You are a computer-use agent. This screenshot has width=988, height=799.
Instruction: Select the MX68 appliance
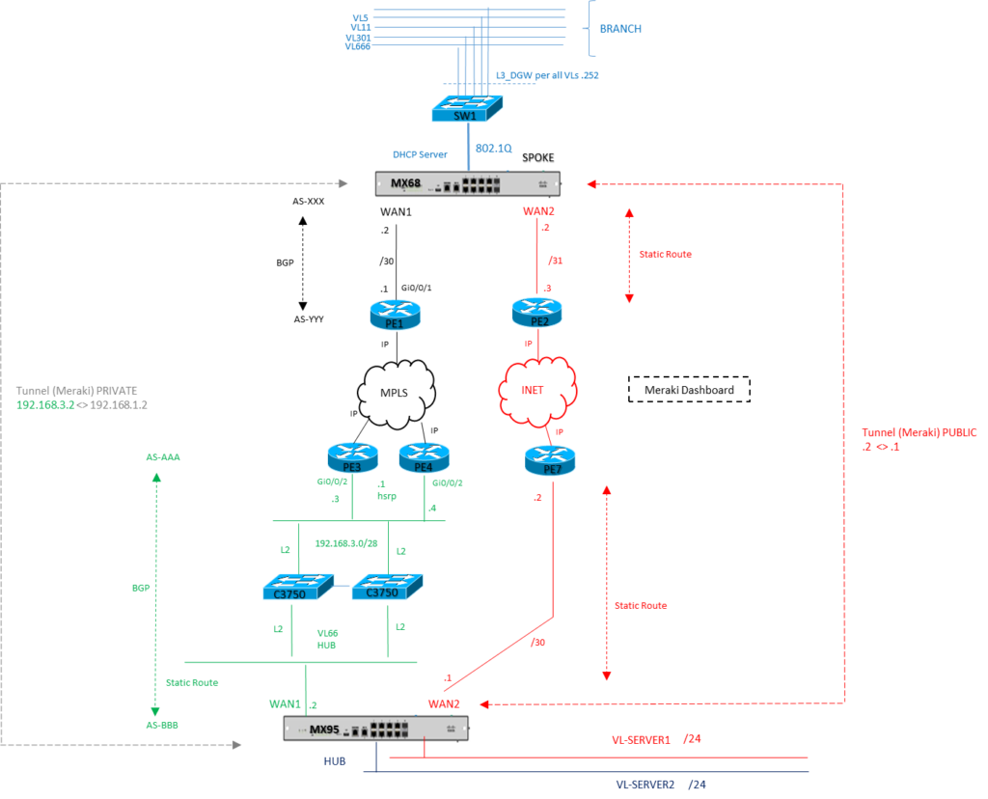click(468, 183)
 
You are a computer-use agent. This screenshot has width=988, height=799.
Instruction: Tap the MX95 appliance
click(376, 729)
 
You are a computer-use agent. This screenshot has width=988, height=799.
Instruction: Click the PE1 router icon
click(395, 315)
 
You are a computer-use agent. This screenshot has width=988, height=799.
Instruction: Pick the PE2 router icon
click(536, 312)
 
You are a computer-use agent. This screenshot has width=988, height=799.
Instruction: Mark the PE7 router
click(550, 460)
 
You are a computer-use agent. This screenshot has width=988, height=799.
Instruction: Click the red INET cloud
click(536, 390)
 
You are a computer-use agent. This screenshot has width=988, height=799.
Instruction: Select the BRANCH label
click(620, 29)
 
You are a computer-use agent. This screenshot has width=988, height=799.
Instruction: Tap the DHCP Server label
click(420, 154)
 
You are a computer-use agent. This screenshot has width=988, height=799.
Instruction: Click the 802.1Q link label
click(494, 149)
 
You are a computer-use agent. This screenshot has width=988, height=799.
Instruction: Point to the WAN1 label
click(286, 705)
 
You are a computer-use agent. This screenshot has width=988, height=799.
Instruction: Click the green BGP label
click(141, 586)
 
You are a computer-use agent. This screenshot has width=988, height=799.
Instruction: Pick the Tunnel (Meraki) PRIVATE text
click(78, 391)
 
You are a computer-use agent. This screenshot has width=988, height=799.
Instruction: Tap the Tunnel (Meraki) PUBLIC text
click(902, 433)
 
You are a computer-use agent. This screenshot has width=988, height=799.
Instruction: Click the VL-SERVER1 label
click(642, 740)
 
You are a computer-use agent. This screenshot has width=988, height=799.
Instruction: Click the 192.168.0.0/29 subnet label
click(343, 542)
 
